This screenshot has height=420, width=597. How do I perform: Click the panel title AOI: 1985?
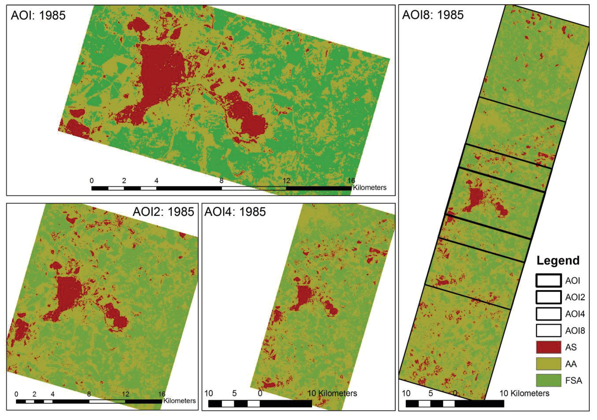tap(38, 15)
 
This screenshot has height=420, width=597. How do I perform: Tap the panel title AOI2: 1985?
tap(163, 212)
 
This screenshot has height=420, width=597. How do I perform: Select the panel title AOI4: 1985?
tap(235, 212)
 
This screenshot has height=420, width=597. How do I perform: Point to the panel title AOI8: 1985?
tap(433, 15)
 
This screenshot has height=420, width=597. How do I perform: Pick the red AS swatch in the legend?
tap(548, 347)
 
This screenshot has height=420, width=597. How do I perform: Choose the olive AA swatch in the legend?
tap(548, 364)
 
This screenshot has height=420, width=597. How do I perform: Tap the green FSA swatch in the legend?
tap(548, 380)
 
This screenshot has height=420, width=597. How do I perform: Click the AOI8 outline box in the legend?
tap(548, 331)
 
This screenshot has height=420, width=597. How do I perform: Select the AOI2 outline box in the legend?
tap(548, 297)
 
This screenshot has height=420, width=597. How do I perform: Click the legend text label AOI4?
tap(575, 314)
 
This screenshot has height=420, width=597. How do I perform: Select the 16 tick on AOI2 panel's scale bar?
tap(161, 394)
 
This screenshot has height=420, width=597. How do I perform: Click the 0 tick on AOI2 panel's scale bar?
tap(16, 394)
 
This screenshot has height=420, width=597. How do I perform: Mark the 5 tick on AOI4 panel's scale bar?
tap(234, 393)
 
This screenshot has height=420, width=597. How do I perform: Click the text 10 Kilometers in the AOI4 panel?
tap(332, 393)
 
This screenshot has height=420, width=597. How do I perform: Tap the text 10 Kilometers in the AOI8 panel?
tap(524, 393)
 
